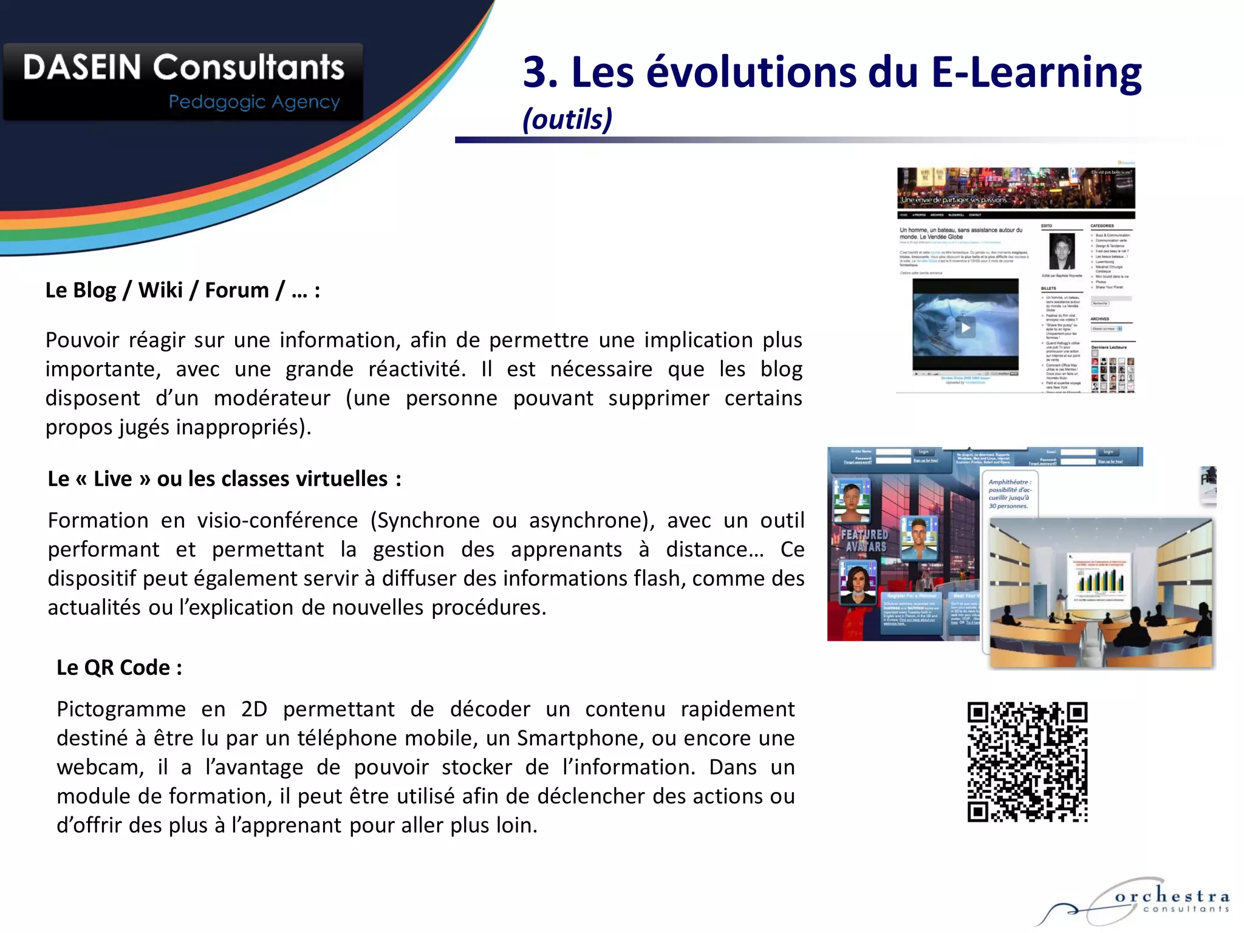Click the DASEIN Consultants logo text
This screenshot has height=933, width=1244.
pos(183,67)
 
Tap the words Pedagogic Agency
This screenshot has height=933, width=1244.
pos(254,102)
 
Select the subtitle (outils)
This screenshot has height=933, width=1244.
pos(567,119)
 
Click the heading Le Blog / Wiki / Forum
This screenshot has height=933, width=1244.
pos(182,290)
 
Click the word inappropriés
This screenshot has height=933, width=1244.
pos(243,428)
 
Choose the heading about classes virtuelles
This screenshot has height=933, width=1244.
pos(224,479)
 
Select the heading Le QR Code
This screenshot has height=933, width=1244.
pos(119,668)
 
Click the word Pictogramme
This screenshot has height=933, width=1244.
pos(121,709)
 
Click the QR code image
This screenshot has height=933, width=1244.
pos(1027,762)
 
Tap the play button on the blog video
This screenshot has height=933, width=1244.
pos(965,328)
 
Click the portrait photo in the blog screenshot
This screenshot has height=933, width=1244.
pos(1062,250)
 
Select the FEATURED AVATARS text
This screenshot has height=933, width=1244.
pos(864,540)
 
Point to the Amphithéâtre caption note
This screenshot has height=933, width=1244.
pos(1009,494)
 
